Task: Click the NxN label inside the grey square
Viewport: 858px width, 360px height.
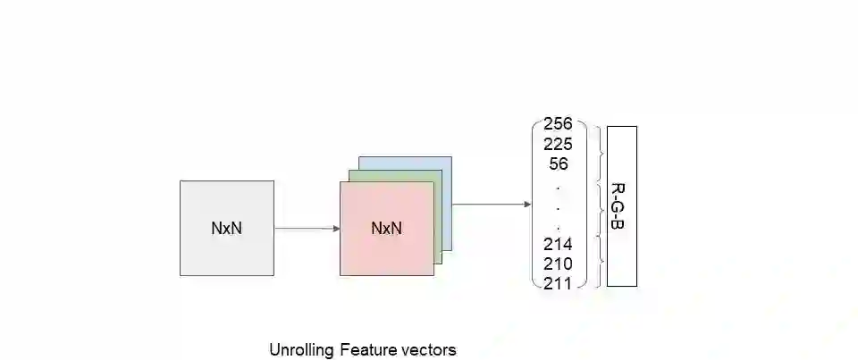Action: pyautogui.click(x=226, y=228)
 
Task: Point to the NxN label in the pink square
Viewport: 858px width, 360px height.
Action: pyautogui.click(x=386, y=228)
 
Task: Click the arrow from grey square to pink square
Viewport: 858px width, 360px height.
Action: pyautogui.click(x=307, y=228)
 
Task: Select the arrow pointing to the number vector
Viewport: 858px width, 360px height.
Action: pyautogui.click(x=492, y=205)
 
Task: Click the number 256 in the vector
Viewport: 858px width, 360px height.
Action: pyautogui.click(x=558, y=123)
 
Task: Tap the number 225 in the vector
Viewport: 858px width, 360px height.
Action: pyautogui.click(x=558, y=143)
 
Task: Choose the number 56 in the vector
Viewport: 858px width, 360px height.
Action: pyautogui.click(x=558, y=163)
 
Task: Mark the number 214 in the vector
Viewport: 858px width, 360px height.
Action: pyautogui.click(x=558, y=244)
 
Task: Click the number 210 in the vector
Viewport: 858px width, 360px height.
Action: pyautogui.click(x=558, y=264)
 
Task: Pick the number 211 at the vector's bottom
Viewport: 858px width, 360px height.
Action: pyautogui.click(x=558, y=284)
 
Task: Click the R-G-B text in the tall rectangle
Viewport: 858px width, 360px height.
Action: pyautogui.click(x=618, y=205)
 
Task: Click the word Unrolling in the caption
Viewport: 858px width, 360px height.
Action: pyautogui.click(x=301, y=350)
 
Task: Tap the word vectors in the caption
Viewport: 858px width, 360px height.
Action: pyautogui.click(x=426, y=350)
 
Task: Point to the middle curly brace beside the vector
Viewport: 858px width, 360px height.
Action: pyautogui.click(x=600, y=207)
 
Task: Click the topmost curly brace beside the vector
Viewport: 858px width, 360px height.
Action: pyautogui.click(x=600, y=154)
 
